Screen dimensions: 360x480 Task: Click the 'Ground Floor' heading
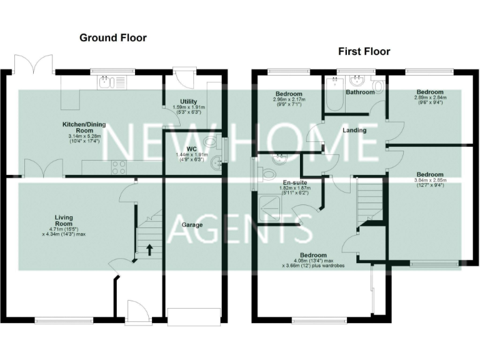(113, 38)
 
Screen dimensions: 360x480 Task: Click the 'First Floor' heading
(364, 51)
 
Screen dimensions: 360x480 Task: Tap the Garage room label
(192, 224)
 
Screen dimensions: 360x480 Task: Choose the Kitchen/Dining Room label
(83, 127)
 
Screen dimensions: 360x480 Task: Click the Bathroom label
(361, 92)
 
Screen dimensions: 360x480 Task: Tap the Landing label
(355, 131)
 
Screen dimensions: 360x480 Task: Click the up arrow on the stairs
(149, 249)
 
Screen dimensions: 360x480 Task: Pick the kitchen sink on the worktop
(111, 84)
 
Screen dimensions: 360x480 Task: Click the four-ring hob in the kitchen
(117, 167)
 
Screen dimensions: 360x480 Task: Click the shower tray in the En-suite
(269, 207)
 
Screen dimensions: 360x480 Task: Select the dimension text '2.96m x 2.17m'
(288, 100)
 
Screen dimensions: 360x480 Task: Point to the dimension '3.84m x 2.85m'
(431, 181)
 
